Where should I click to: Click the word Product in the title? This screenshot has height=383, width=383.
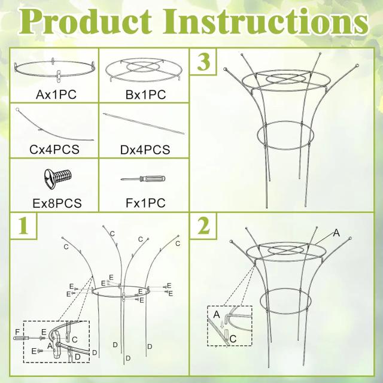point(86,23)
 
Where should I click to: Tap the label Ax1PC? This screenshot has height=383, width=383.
point(56,95)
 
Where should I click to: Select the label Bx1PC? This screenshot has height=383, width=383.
point(145,95)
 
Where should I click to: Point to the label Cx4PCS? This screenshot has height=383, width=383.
point(54,149)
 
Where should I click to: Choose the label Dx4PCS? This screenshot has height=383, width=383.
point(145,150)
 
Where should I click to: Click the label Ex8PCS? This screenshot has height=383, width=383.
point(57,203)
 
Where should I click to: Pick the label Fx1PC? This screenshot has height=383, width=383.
point(145,203)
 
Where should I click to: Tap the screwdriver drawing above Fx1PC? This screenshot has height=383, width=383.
point(143,179)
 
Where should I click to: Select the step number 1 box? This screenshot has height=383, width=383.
point(23,226)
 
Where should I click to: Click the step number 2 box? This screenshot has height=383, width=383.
point(203,226)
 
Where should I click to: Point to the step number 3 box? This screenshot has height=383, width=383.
point(203,62)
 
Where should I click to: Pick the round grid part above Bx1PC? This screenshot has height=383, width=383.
point(144,59)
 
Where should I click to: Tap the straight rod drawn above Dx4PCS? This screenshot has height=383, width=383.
point(144,124)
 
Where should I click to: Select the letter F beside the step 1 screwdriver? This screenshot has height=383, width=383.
point(17,332)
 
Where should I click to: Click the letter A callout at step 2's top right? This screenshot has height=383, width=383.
point(336,233)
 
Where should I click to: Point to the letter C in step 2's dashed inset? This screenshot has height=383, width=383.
point(233,339)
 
